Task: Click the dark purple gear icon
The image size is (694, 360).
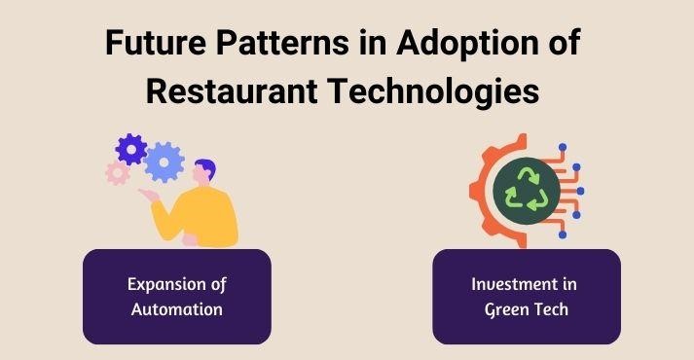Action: tap(131, 149)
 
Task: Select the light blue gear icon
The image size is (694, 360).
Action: tap(164, 161)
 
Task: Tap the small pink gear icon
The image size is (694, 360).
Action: tap(118, 173)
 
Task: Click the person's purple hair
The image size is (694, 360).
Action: tap(203, 166)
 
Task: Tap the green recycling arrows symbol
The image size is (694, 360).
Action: tap(526, 189)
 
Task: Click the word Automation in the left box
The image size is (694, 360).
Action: tap(177, 309)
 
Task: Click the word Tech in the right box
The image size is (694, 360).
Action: tap(552, 309)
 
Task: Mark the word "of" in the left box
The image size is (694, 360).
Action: tap(216, 285)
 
